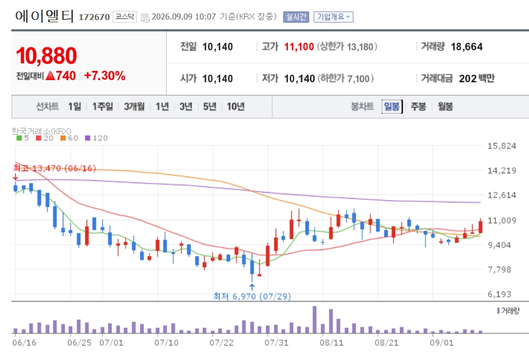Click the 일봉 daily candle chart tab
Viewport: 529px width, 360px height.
tap(392, 107)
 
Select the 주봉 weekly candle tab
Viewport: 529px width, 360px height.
tap(419, 107)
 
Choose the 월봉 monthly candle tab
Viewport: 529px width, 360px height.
tap(445, 107)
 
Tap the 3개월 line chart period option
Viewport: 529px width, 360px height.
tap(134, 107)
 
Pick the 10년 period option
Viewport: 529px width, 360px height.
tap(236, 107)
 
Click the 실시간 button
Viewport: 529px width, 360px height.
tap(296, 17)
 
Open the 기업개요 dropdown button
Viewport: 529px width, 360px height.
tap(334, 17)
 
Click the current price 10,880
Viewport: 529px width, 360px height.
tap(46, 56)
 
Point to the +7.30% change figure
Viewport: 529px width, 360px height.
tap(105, 76)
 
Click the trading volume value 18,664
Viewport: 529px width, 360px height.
tap(467, 47)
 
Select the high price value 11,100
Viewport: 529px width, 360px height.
tap(299, 47)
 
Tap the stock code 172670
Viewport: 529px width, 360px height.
tap(94, 17)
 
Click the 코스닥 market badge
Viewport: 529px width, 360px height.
tap(125, 17)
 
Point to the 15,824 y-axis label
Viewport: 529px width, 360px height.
tap(502, 146)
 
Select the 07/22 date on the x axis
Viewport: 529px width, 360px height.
tap(221, 343)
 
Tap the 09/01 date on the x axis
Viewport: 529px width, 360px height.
tap(442, 343)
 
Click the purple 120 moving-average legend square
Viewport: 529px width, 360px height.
tap(88, 138)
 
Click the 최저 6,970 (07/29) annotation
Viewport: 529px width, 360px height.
tap(252, 296)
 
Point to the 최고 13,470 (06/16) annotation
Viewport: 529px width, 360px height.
tap(55, 168)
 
